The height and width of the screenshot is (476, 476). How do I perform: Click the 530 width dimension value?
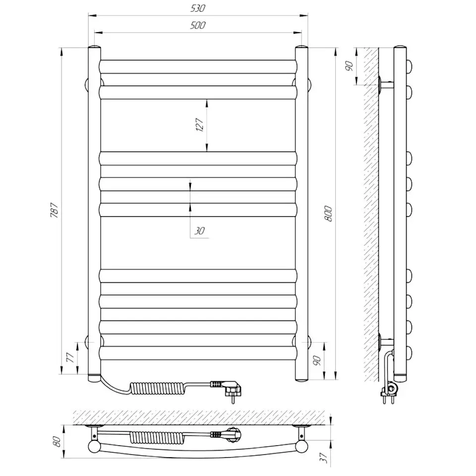coord(197,8)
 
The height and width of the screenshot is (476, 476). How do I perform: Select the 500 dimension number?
coord(197,25)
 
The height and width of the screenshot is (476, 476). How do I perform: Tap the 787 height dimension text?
coord(55,211)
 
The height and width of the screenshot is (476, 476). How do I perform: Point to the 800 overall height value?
coord(328,213)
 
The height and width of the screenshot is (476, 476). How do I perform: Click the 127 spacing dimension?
coord(200,125)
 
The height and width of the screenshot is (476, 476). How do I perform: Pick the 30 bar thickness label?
coord(199,231)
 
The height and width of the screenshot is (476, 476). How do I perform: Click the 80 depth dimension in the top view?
coord(58,441)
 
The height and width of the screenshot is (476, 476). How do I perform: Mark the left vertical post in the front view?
coord(94,213)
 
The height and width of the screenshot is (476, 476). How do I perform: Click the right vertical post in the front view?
coord(301,213)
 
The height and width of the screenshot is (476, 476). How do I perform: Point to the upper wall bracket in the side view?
coord(386,85)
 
